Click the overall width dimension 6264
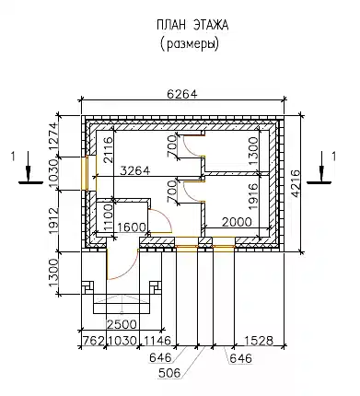pos(182,94)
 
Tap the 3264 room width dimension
pos(134,170)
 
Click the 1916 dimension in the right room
pos(253,196)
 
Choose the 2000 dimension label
pos(237,222)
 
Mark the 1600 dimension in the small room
pos(132,227)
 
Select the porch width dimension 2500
pos(122,324)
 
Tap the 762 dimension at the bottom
pos(93,341)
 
